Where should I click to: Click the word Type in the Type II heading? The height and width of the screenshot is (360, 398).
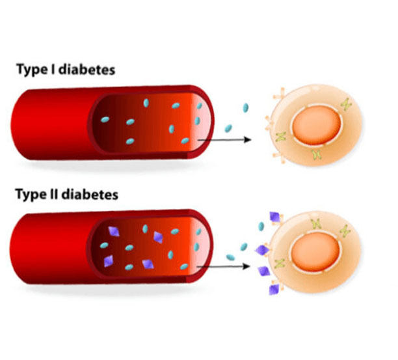click(x=34, y=194)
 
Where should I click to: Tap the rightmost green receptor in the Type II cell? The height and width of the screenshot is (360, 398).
click(x=345, y=230)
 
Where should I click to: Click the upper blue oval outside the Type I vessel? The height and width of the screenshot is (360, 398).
click(x=246, y=108)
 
